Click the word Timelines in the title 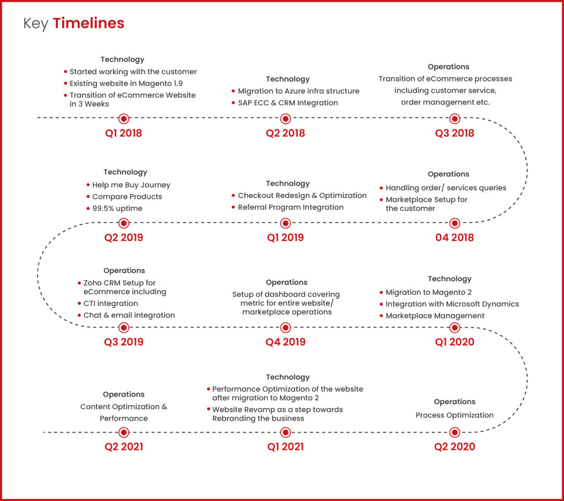(89, 24)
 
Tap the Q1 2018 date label (123, 133)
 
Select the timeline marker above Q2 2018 (285, 118)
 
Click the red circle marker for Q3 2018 (454, 118)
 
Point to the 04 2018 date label (454, 238)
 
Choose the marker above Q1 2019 (285, 223)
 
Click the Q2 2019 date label (123, 238)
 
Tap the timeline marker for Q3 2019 (124, 327)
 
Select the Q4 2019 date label (285, 342)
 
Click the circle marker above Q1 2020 (454, 327)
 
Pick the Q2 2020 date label (454, 447)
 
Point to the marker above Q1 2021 (285, 432)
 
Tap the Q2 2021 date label (123, 447)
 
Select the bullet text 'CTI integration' (111, 304)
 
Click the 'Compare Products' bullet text (127, 197)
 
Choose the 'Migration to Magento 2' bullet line (429, 293)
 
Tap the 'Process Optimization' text (454, 415)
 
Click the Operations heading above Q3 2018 (448, 67)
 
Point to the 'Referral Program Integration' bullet (290, 207)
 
